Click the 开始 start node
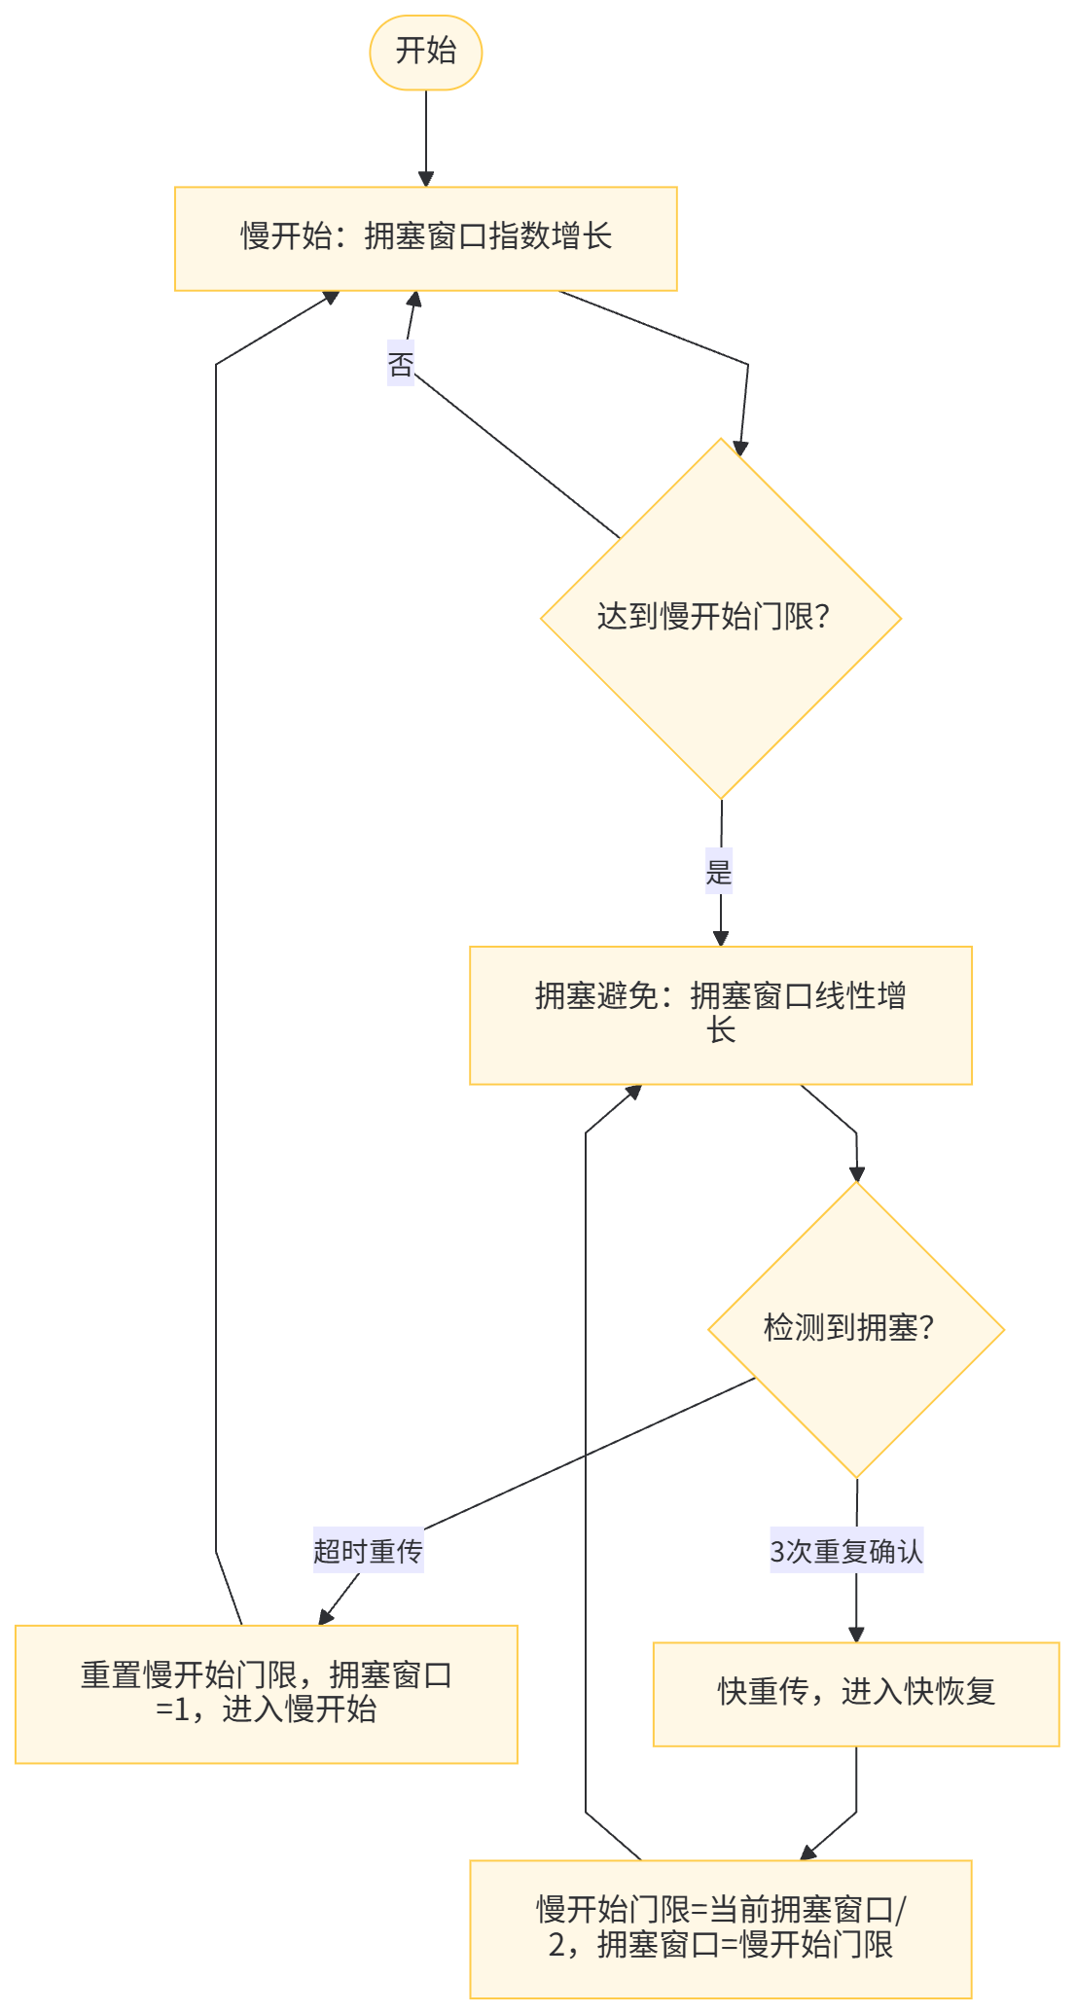coord(426,53)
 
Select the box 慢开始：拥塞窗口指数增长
coord(425,238)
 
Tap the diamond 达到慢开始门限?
coord(721,618)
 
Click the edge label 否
coord(401,366)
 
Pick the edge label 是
coord(719,871)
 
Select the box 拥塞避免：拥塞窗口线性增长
coord(721,1015)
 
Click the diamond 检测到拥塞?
coord(856,1329)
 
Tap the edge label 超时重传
coord(368,1551)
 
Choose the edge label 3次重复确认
coord(846,1551)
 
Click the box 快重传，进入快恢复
coord(856,1694)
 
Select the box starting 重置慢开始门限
coord(266,1694)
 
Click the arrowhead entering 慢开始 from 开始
coord(426,179)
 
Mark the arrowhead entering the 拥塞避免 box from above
coord(721,938)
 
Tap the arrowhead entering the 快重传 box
coord(856,1634)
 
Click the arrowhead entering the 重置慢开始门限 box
coord(326,1616)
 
